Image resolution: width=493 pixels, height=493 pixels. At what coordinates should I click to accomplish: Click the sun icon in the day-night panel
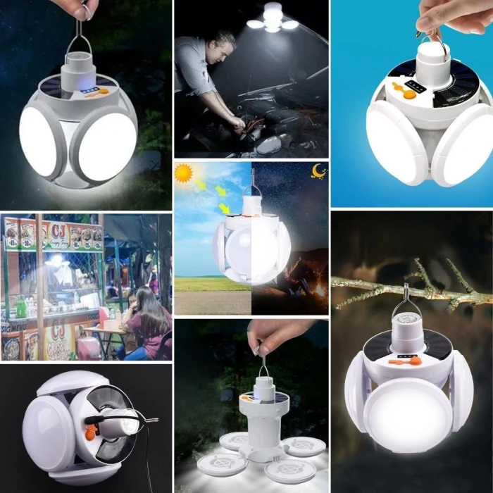pyautogui.click(x=185, y=173)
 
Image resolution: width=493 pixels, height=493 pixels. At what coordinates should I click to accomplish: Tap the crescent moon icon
pyautogui.click(x=319, y=171)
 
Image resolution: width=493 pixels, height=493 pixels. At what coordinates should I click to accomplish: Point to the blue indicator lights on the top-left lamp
pyautogui.click(x=88, y=90)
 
